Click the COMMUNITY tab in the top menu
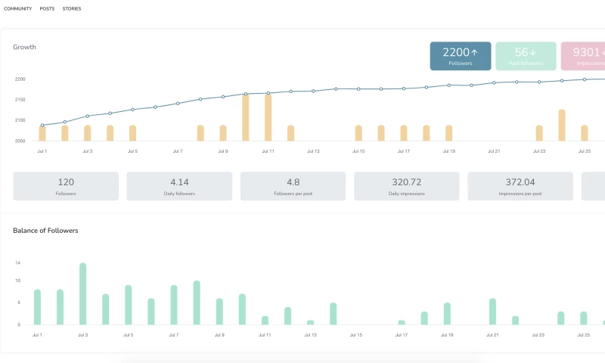(18, 8)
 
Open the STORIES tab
(72, 8)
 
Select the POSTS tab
(47, 8)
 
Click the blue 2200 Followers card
(461, 56)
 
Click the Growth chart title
(24, 47)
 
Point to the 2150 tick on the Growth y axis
(20, 100)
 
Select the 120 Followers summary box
(66, 186)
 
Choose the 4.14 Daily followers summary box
(179, 186)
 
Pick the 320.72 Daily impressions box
(407, 186)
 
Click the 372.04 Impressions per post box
(520, 186)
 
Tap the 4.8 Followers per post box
(293, 186)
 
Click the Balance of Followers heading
(45, 230)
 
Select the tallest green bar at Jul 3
(82, 294)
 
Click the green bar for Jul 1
(37, 307)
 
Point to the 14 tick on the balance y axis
(17, 262)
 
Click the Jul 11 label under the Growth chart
(268, 151)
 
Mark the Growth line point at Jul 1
(42, 125)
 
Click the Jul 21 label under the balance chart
(492, 334)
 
